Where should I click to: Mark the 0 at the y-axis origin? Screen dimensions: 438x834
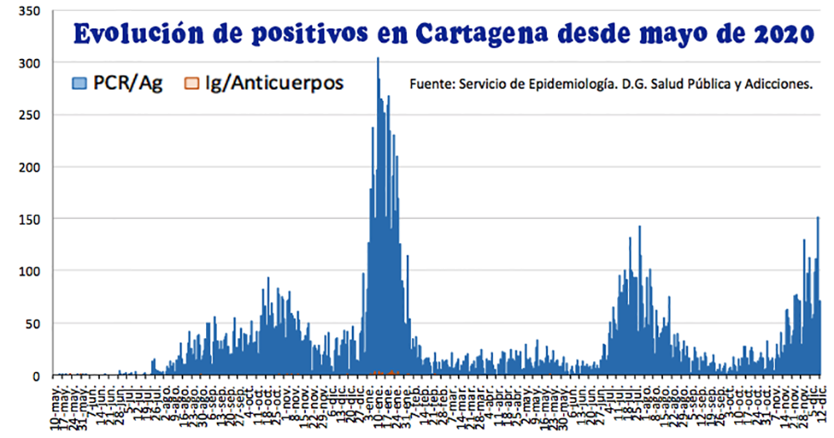coord(35,376)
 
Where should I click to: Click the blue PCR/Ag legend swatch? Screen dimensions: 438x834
coord(80,82)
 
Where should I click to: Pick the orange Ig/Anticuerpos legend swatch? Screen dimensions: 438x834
coord(192,82)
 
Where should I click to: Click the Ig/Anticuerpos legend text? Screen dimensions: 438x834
coord(273,82)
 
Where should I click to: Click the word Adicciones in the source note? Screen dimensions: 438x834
coord(780,84)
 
